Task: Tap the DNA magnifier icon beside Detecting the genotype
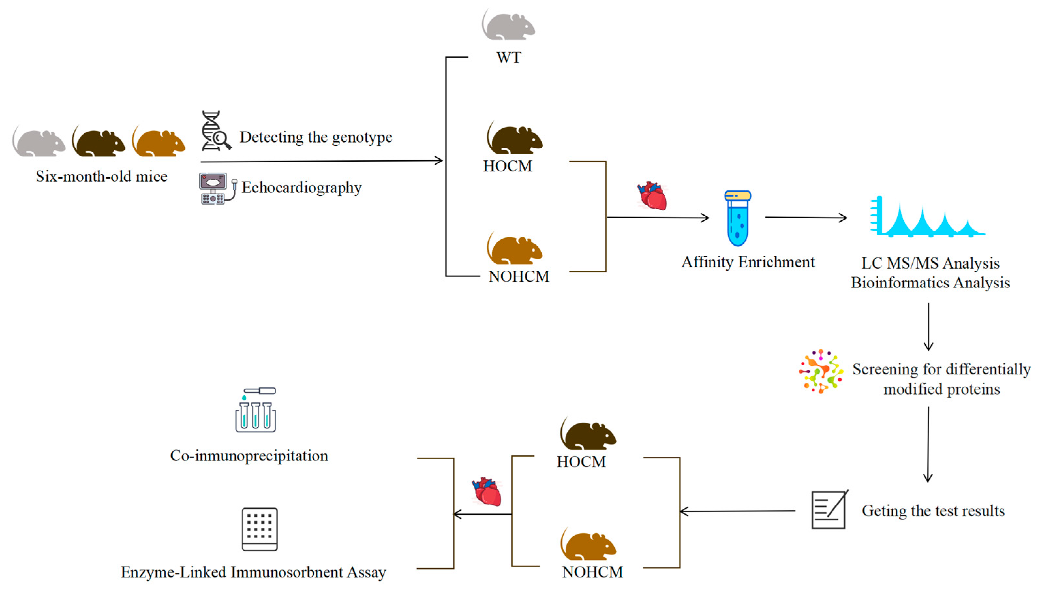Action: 215,131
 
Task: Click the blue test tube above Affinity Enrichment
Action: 737,218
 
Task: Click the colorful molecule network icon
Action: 820,371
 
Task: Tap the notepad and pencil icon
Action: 829,509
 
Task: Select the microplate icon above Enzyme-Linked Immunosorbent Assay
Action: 259,529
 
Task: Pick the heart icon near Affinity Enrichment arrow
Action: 652,196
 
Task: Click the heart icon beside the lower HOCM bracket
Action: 487,491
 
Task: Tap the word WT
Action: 509,57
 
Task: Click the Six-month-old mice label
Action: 101,177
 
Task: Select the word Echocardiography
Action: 301,188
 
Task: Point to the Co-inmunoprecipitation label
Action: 249,456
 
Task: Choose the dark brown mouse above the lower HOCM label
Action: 588,434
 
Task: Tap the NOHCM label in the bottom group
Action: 592,572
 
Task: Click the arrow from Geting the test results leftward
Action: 737,511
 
